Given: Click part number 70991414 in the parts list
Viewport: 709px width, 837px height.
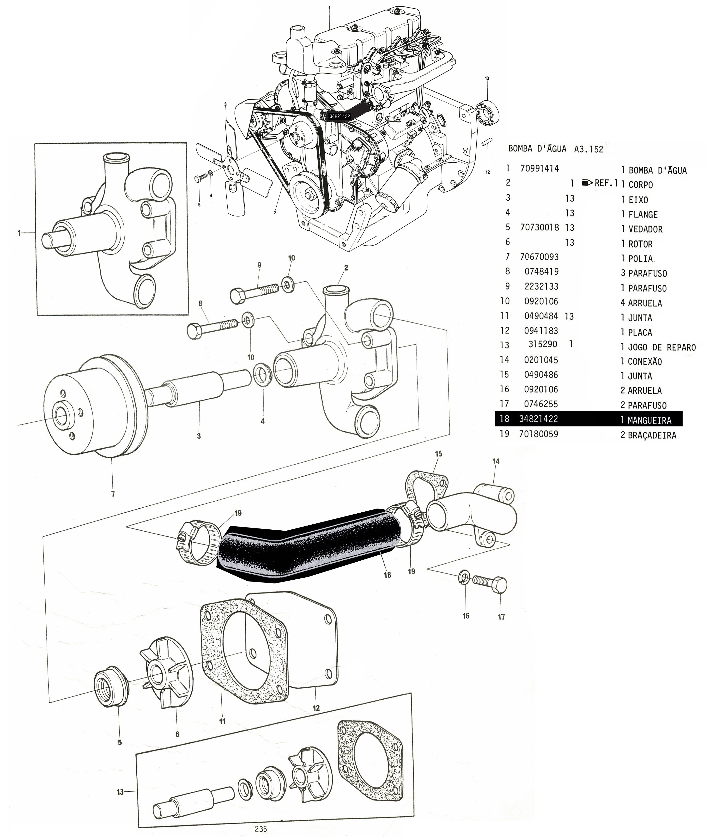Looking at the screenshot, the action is click(539, 169).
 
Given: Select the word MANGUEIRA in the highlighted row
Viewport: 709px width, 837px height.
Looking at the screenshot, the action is click(649, 420).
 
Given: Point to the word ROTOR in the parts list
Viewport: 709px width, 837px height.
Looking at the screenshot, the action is click(641, 244).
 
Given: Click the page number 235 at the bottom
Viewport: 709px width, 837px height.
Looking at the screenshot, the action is click(261, 829).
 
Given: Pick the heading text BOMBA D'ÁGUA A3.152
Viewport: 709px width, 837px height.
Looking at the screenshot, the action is click(556, 149).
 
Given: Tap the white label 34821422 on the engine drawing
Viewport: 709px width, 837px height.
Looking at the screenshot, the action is click(340, 116).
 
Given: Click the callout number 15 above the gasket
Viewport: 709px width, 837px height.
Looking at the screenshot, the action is click(438, 454).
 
